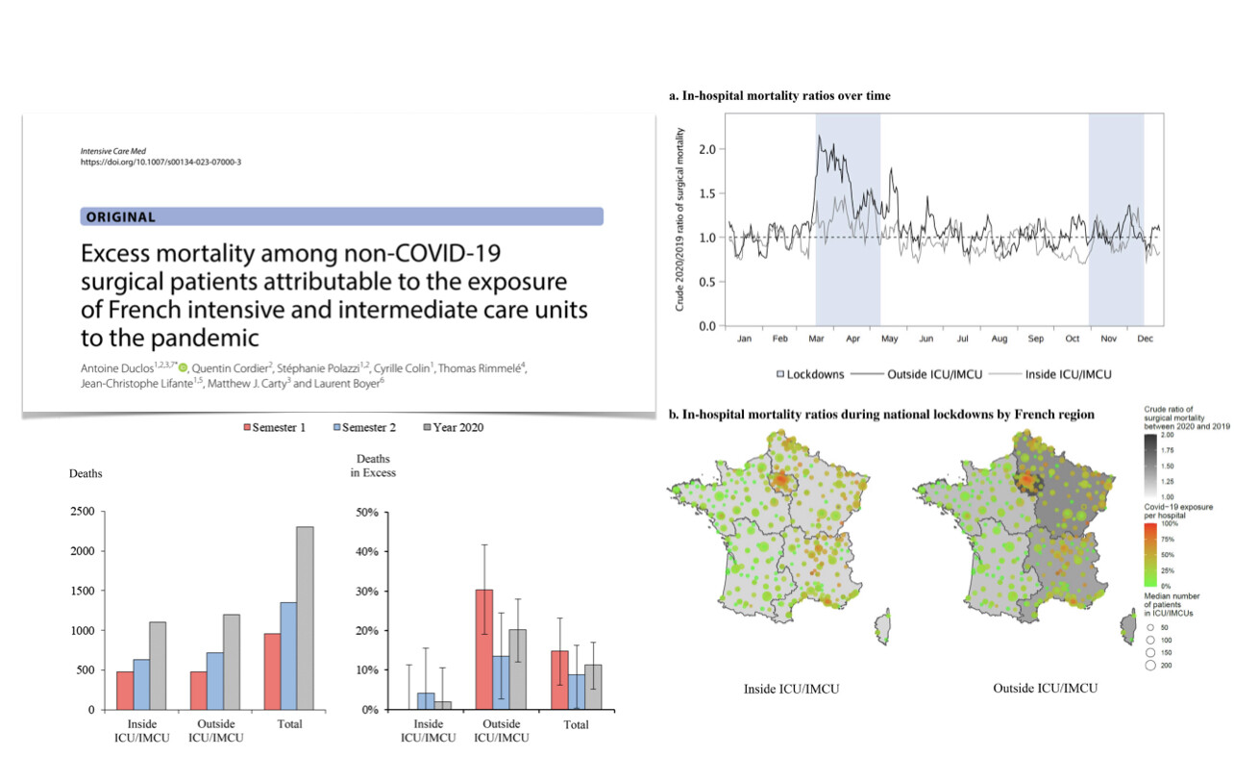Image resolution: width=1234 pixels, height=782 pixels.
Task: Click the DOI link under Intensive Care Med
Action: pyautogui.click(x=160, y=162)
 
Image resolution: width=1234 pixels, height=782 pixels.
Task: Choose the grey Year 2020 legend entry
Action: pyautogui.click(x=453, y=427)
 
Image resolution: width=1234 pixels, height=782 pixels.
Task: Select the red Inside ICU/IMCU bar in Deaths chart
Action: pyautogui.click(x=125, y=690)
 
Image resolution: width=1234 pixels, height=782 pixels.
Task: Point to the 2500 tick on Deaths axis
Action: pyautogui.click(x=82, y=512)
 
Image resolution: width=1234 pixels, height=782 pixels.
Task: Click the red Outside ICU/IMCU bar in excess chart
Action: pyautogui.click(x=482, y=649)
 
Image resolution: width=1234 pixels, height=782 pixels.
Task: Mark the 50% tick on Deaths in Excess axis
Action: pyautogui.click(x=366, y=512)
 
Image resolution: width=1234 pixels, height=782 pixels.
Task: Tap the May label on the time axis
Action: pyautogui.click(x=890, y=340)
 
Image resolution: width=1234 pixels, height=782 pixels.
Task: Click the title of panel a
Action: pyautogui.click(x=779, y=96)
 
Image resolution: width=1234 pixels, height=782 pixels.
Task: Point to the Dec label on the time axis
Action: pyautogui.click(x=1145, y=340)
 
